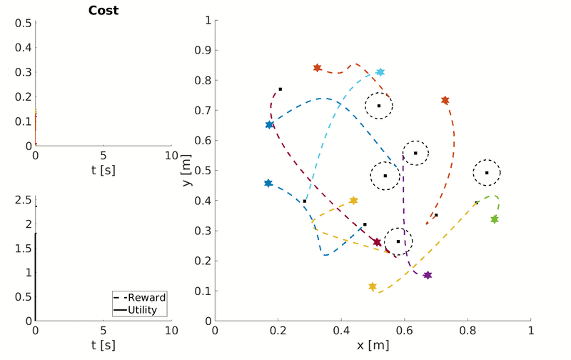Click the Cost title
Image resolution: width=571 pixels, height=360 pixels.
103,11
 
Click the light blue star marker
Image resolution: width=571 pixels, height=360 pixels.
380,72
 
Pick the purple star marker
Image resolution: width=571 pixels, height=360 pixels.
428,275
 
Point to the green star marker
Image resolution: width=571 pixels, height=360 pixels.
494,219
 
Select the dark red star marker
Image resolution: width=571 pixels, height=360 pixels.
377,243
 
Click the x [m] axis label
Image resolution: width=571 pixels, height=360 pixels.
373,344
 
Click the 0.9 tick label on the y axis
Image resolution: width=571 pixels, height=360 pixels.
204,51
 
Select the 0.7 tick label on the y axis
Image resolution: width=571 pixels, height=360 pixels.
204,111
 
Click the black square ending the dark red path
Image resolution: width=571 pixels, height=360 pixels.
281,89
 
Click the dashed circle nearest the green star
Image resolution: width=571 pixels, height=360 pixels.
487,172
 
